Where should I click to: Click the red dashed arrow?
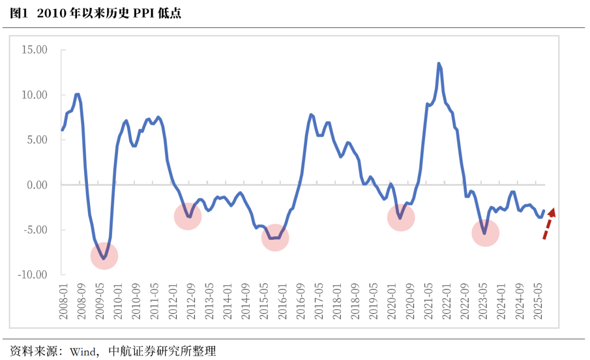pyautogui.click(x=548, y=223)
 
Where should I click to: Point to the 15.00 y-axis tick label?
pyautogui.click(x=34, y=50)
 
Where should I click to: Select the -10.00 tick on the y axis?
pyautogui.click(x=33, y=275)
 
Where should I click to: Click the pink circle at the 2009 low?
pyautogui.click(x=104, y=256)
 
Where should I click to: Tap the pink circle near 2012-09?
pyautogui.click(x=188, y=216)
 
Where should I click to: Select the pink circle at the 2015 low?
pyautogui.click(x=275, y=238)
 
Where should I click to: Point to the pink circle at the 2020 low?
pyautogui.click(x=401, y=217)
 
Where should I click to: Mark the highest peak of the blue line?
pyautogui.click(x=439, y=63)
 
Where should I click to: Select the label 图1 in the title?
pyautogui.click(x=19, y=14)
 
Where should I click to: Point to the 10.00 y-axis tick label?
pyautogui.click(x=34, y=95)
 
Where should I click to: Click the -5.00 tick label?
pyautogui.click(x=35, y=230)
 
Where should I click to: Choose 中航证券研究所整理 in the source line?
pyautogui.click(x=163, y=351)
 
